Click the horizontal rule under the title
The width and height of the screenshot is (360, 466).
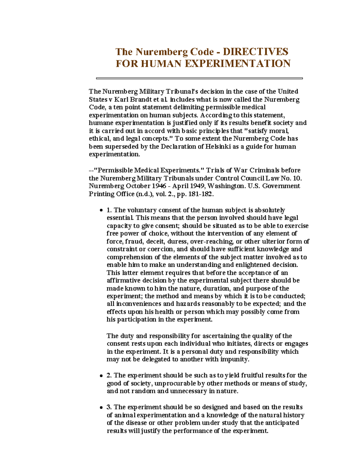pos(199,78)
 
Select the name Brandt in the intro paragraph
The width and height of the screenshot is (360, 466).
pos(141,99)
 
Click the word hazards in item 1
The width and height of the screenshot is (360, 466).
pos(187,304)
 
